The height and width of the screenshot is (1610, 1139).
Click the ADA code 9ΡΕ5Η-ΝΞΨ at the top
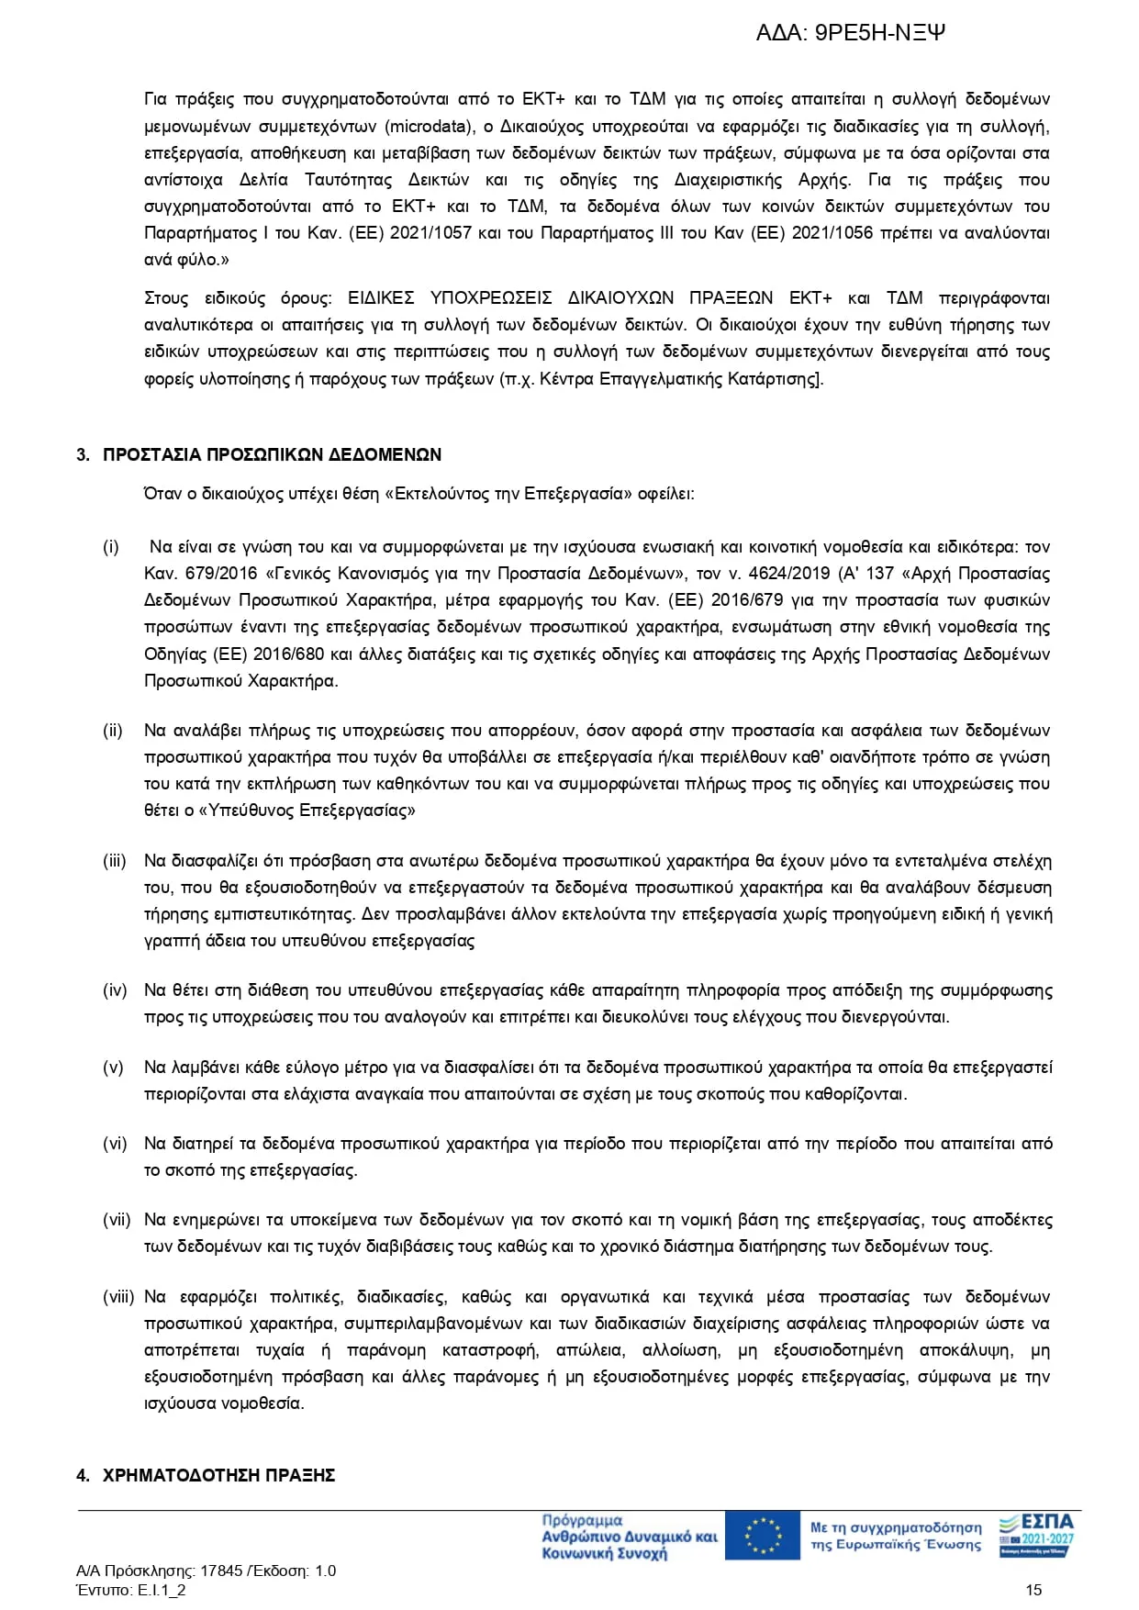(879, 33)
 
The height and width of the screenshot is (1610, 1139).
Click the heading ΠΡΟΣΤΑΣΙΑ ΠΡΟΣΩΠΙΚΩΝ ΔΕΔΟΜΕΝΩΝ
(272, 454)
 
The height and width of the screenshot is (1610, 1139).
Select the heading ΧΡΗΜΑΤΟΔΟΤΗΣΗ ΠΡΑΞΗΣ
(218, 1475)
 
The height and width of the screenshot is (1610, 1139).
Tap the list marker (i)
(111, 547)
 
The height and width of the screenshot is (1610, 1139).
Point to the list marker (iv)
(115, 990)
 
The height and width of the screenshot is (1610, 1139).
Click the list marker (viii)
(118, 1297)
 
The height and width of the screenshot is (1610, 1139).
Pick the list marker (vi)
(115, 1144)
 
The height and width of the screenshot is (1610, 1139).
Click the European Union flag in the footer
(762, 1536)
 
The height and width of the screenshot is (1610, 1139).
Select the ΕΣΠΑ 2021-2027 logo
(1036, 1535)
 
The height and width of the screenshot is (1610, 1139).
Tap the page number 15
(1033, 1590)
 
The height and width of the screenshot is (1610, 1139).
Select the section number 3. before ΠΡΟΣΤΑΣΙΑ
(83, 454)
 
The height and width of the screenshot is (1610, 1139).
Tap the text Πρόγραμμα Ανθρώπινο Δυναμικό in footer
(629, 1537)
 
